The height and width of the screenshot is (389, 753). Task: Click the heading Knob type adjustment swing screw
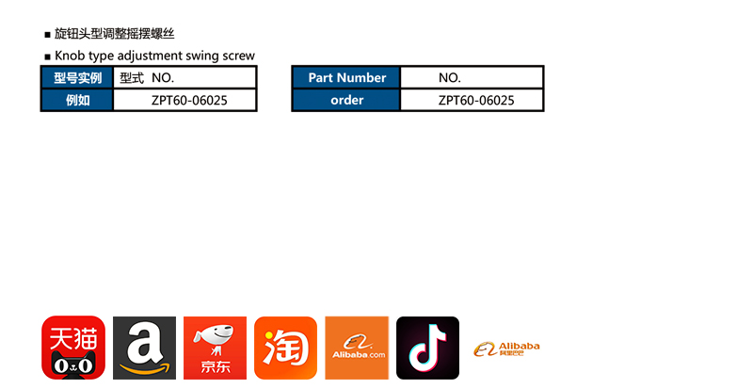(154, 56)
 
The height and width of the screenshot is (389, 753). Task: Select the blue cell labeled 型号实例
(77, 78)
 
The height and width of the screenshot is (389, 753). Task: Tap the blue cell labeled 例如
(77, 100)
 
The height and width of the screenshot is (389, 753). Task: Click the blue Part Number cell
(346, 78)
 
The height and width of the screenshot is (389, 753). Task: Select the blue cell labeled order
(346, 100)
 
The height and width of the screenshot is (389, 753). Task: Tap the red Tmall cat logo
(73, 348)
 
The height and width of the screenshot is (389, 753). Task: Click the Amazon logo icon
(144, 348)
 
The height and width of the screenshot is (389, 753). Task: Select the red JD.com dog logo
(215, 348)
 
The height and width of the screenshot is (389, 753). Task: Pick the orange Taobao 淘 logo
(285, 348)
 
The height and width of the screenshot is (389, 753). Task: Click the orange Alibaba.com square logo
(357, 348)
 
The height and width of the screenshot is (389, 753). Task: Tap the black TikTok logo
(427, 348)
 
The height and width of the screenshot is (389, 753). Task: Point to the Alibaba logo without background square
(506, 348)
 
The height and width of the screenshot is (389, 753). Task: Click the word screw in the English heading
(239, 56)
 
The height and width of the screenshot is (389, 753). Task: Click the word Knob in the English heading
(70, 56)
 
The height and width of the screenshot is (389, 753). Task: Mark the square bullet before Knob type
(47, 57)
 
